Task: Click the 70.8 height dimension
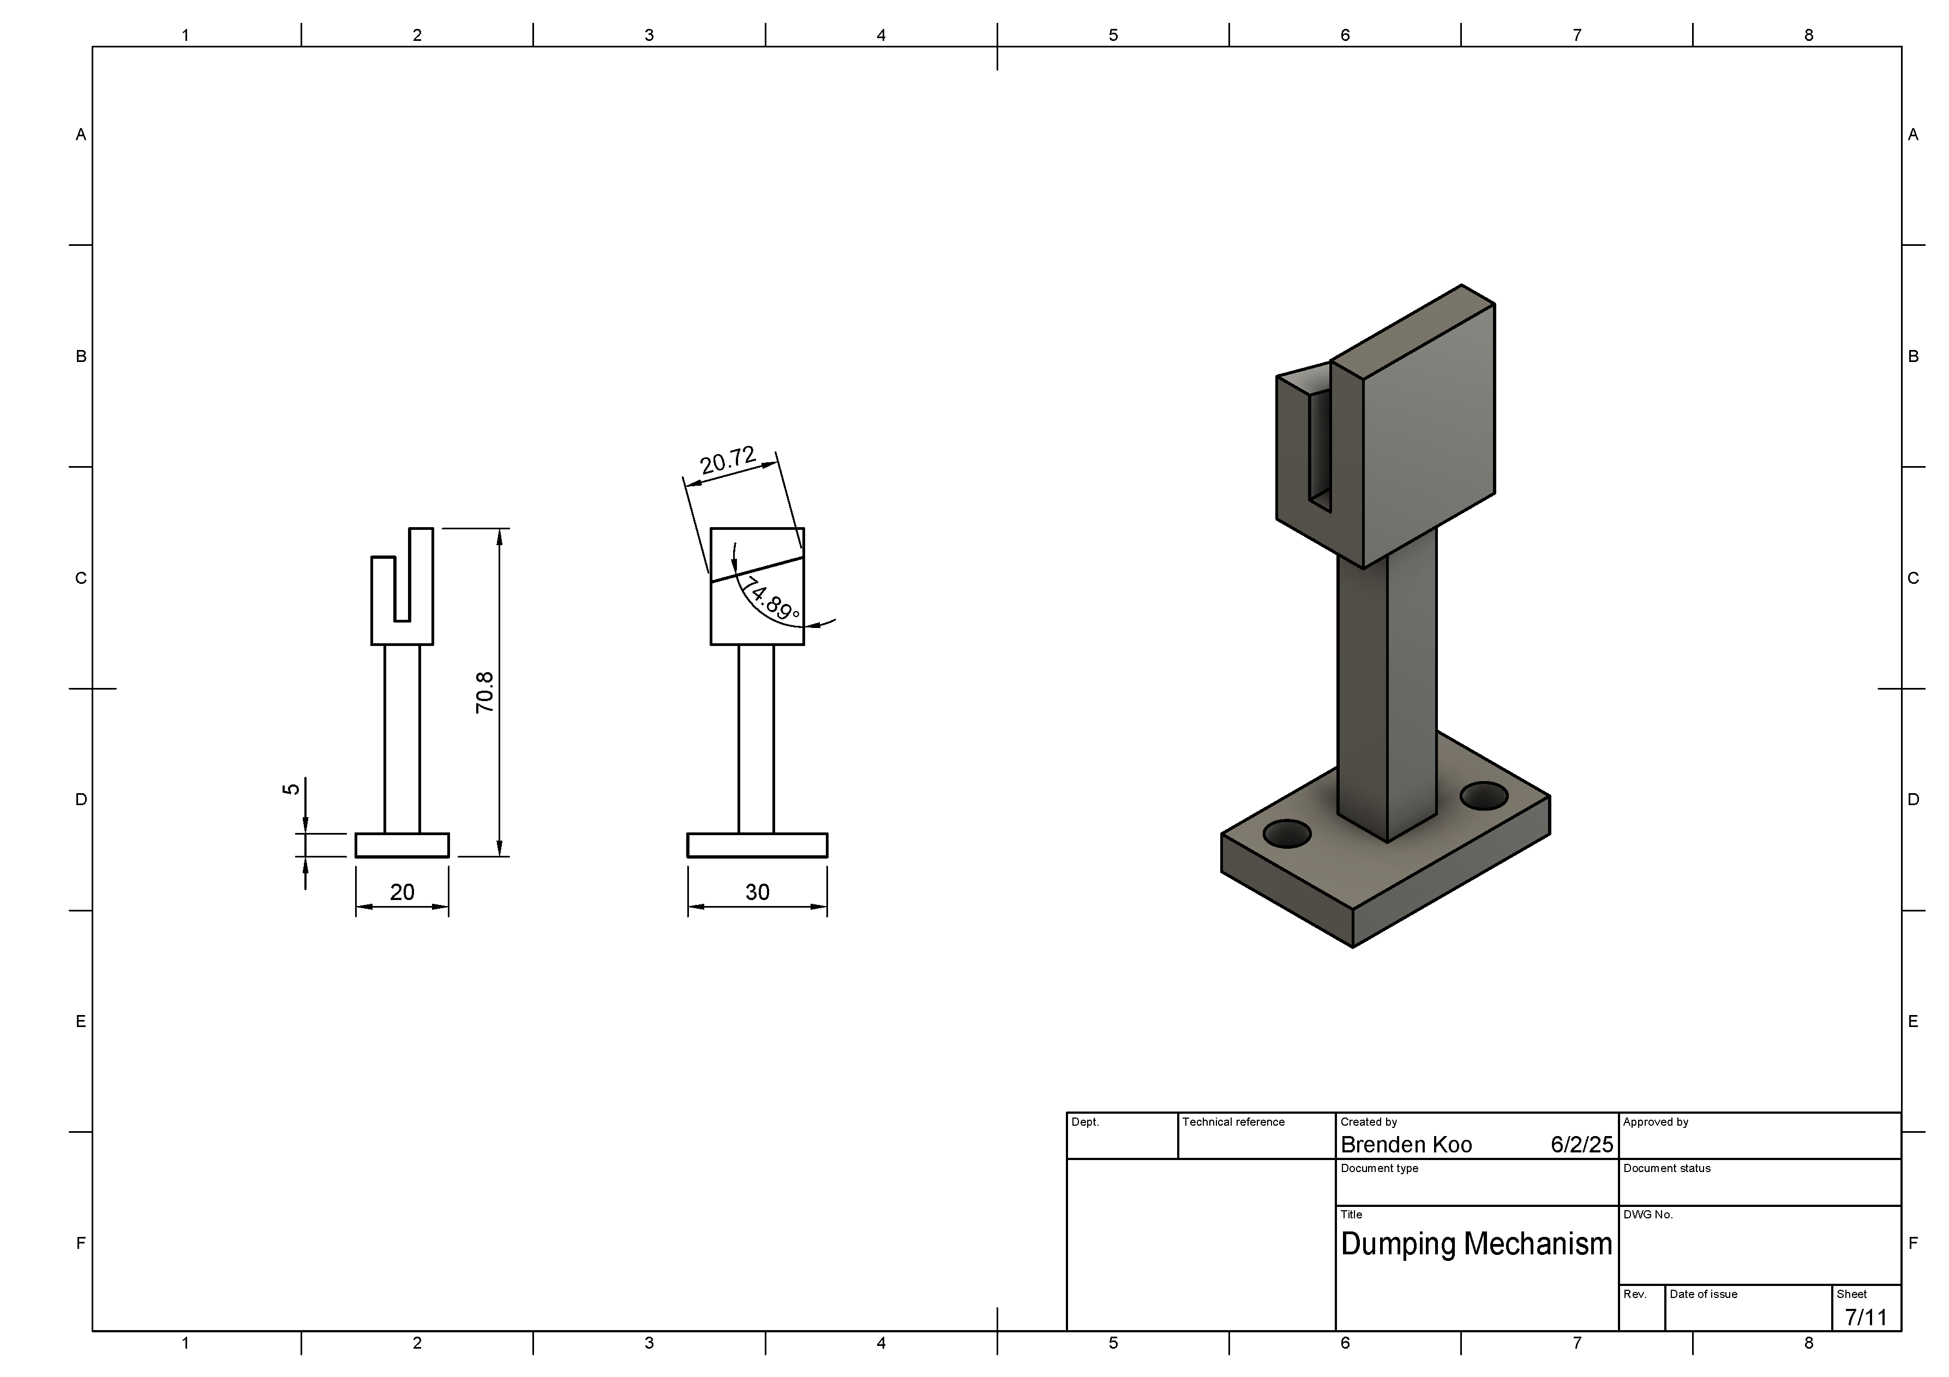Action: [485, 692]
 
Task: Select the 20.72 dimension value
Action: [728, 461]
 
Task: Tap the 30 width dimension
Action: [757, 892]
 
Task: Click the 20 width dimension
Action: [401, 892]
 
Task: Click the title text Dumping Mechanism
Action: [1476, 1245]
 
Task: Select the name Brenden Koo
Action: [1406, 1145]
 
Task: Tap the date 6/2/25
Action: [1581, 1145]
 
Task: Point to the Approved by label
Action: [1656, 1122]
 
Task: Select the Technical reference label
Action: [1233, 1122]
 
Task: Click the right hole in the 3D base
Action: [1484, 796]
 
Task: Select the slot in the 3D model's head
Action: [1320, 450]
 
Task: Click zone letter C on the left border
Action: [81, 578]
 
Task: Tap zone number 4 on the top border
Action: [881, 35]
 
